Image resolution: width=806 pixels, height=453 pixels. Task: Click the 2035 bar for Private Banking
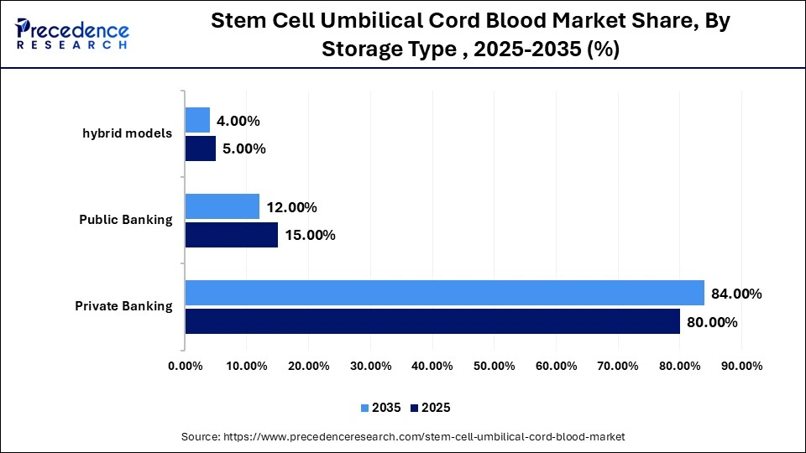tap(444, 293)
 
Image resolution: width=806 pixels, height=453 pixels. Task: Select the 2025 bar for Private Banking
tap(432, 321)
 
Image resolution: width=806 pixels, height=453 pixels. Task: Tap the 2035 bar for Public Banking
tap(222, 206)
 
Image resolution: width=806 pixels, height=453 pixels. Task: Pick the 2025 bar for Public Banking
tap(231, 235)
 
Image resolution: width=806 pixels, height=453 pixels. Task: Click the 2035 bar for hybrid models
tap(197, 120)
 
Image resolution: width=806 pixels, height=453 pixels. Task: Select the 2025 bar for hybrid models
tap(200, 148)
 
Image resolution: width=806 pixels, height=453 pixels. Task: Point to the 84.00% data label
tap(736, 294)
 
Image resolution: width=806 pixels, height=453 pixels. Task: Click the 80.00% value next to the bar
tap(712, 322)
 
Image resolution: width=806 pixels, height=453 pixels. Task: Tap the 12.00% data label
tap(291, 207)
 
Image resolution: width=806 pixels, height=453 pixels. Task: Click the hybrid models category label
tap(127, 133)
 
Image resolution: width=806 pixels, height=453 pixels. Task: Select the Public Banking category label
tap(125, 220)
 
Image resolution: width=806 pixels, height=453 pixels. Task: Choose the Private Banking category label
tap(123, 306)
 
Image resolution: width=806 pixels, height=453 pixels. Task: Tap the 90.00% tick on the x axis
tap(741, 366)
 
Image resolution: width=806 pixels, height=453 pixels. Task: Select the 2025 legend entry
tap(430, 408)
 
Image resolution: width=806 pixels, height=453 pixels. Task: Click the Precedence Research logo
tap(72, 34)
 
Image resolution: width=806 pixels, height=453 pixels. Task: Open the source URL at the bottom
tap(403, 437)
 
